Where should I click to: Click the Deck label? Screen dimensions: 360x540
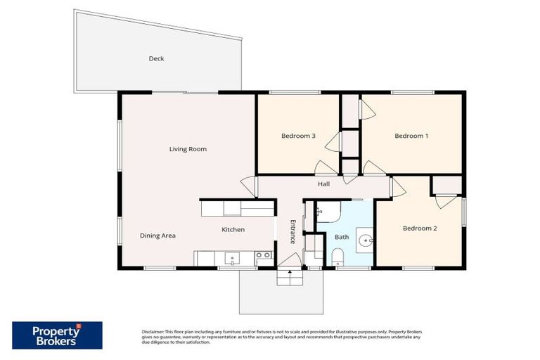(156, 59)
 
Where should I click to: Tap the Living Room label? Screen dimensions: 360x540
(188, 149)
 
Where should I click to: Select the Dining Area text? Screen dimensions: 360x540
(157, 236)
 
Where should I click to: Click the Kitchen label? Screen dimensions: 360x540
(233, 230)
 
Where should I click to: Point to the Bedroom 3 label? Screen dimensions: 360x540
(298, 136)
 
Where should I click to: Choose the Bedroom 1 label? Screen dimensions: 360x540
(411, 136)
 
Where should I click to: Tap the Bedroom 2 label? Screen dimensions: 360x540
(420, 229)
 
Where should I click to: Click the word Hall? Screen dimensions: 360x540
(323, 184)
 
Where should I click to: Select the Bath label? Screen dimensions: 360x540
(342, 237)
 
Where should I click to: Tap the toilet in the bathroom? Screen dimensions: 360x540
(337, 256)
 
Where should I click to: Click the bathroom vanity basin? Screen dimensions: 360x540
(366, 241)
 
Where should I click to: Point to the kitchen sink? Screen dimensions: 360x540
(233, 258)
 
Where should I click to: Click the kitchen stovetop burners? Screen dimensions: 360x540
(264, 256)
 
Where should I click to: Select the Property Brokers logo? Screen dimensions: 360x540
(57, 335)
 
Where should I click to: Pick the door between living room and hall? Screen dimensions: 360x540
(248, 185)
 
